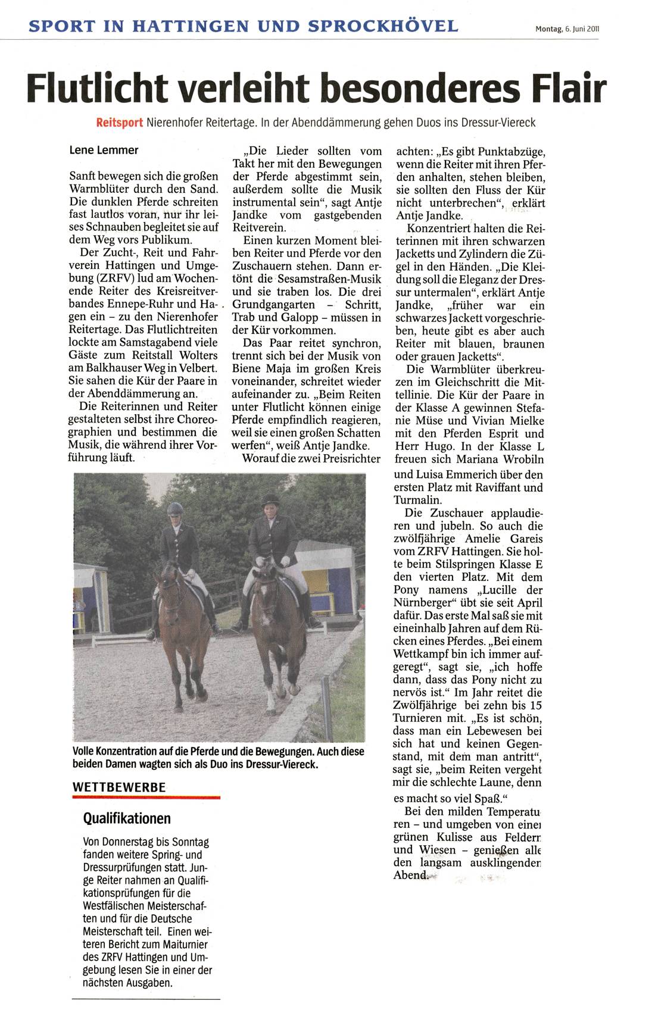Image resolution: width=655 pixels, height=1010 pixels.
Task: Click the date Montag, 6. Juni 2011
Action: (x=566, y=28)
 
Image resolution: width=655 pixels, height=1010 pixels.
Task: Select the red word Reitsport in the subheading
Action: (x=119, y=123)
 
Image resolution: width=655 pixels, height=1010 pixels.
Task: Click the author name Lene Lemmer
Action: (x=104, y=151)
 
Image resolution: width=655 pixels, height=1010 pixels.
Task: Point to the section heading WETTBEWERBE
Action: (x=118, y=786)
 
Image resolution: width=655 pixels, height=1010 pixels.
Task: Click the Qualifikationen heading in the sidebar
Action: (x=127, y=818)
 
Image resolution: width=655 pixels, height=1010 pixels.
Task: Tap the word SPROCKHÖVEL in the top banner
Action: (x=383, y=26)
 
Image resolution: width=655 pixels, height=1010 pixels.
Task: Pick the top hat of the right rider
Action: (x=270, y=499)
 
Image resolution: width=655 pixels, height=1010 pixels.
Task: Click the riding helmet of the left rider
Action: (x=174, y=508)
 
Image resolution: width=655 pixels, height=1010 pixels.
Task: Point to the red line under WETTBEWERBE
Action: (x=146, y=796)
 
